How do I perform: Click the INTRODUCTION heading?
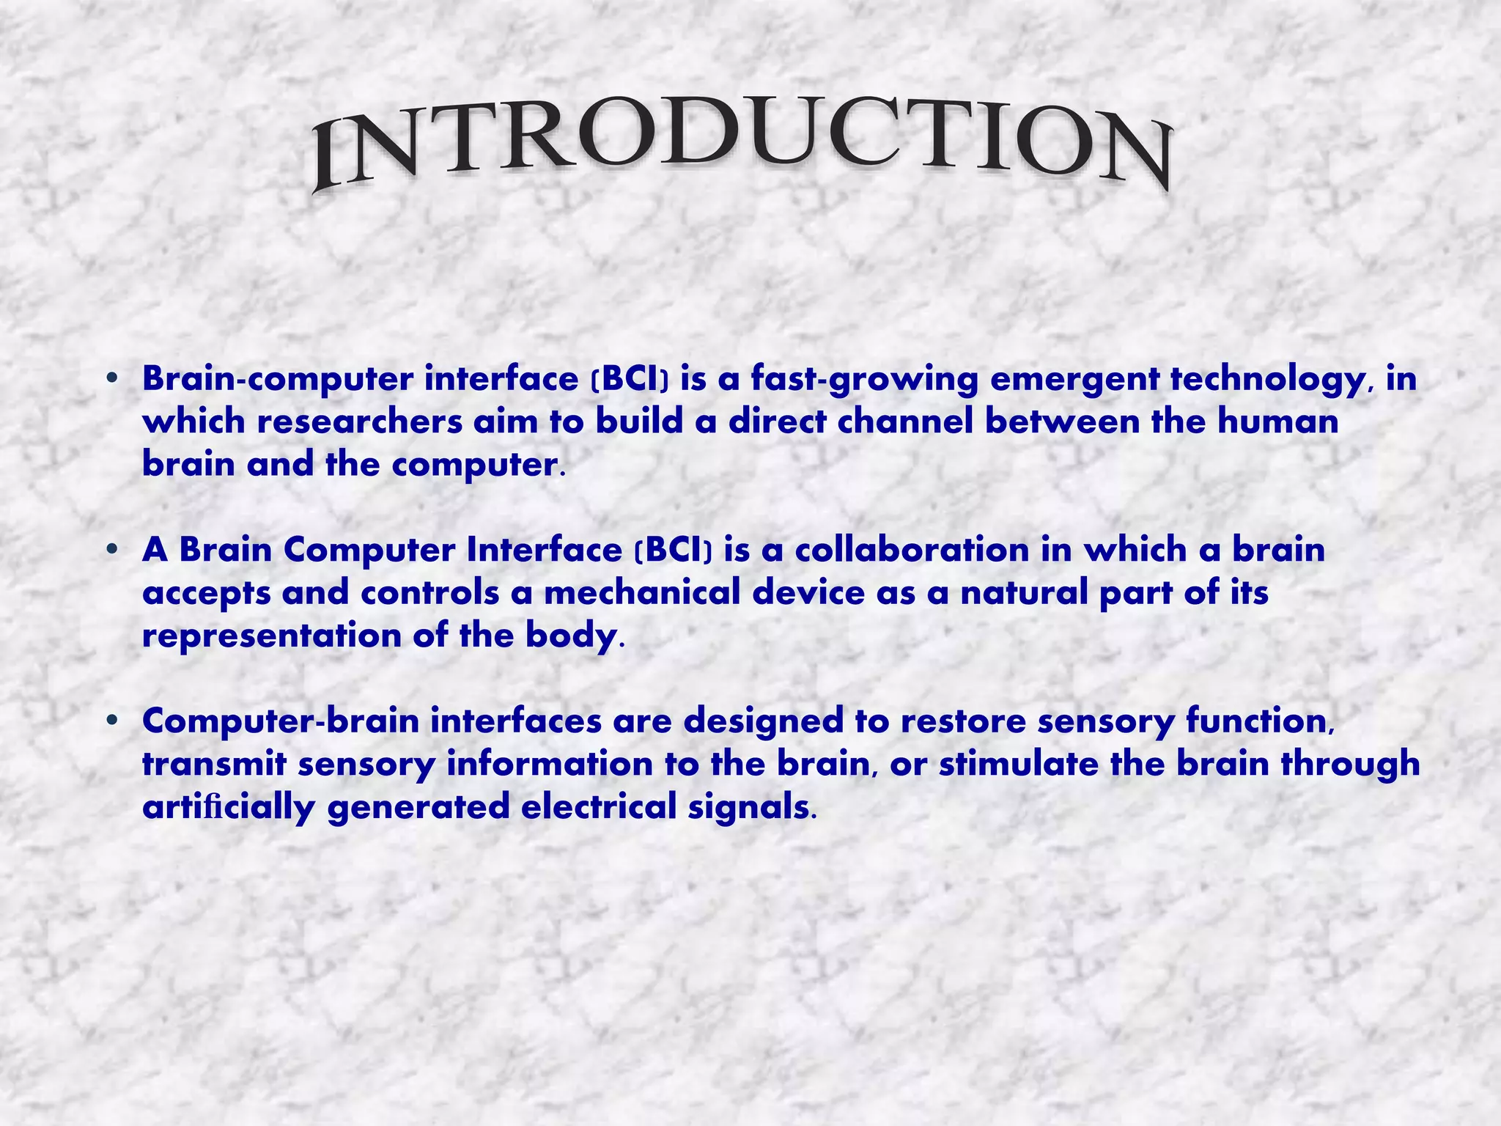(740, 143)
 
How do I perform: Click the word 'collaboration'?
(912, 551)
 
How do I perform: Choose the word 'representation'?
(271, 636)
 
